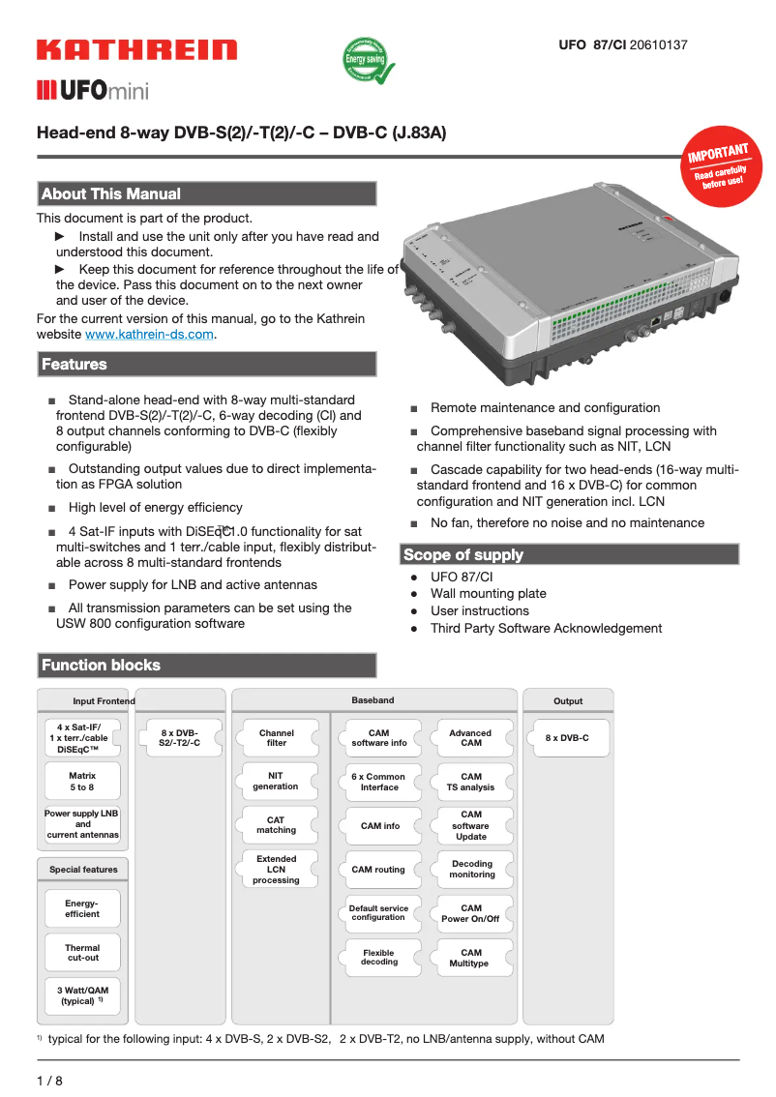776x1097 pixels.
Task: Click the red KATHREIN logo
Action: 136,50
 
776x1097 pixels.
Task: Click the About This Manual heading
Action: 110,193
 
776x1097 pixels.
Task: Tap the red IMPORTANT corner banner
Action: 718,164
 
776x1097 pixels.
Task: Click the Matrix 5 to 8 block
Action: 82,782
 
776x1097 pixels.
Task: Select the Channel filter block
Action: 277,738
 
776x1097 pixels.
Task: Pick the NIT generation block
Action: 277,781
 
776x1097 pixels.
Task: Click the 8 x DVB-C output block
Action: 567,738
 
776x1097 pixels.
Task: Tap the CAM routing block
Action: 378,869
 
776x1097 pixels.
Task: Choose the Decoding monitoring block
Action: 472,869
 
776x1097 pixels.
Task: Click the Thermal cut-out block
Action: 82,953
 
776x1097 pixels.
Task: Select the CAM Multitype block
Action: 469,958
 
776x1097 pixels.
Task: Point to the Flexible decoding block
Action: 378,958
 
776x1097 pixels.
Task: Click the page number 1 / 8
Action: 49,1080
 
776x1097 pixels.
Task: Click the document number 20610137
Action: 659,44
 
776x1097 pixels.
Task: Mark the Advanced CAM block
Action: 470,738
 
